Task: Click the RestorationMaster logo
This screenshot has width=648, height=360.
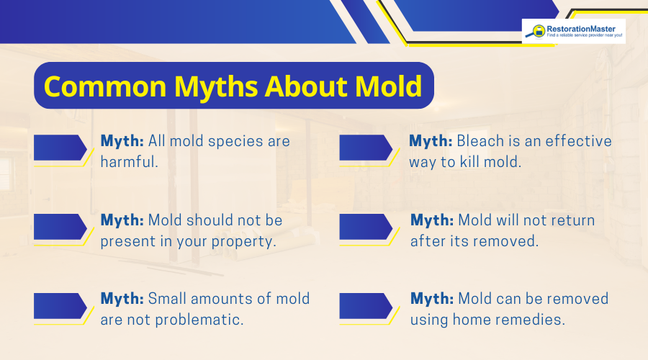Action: coord(573,32)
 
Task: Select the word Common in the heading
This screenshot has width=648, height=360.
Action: coord(96,86)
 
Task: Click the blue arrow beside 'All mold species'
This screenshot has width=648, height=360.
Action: coord(59,148)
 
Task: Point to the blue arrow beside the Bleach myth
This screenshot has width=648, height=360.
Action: coord(365,148)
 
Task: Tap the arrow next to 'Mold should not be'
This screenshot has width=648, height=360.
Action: coord(59,227)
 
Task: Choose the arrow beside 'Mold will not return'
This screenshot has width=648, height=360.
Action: coord(365,227)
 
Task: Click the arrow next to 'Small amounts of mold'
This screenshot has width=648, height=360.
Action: coord(59,305)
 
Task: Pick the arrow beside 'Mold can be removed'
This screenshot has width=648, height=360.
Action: coord(365,305)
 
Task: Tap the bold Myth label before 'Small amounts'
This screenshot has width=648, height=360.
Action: coord(122,298)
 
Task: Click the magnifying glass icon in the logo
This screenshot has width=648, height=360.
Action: coord(537,31)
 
